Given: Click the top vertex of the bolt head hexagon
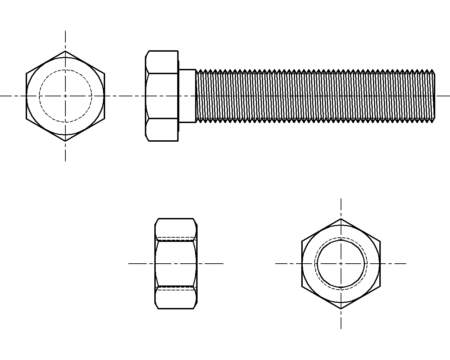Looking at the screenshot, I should click(65, 51).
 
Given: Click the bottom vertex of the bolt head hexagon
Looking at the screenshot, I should click(65, 141).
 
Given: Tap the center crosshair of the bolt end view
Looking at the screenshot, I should click(65, 96).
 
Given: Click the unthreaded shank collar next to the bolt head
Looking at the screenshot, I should click(187, 96).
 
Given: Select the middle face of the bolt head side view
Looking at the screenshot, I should click(162, 96).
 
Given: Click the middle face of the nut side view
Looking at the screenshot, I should click(175, 263).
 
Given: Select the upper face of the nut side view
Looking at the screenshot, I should click(175, 229).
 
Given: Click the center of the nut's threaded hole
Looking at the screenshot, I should click(341, 263).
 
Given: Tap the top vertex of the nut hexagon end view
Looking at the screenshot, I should click(341, 218).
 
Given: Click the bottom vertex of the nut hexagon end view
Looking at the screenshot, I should click(341, 309).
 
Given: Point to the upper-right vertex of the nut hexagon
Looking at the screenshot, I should click(380, 241).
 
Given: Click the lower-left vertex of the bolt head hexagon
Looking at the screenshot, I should click(26, 118).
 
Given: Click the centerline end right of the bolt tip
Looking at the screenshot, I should click(448, 96).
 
